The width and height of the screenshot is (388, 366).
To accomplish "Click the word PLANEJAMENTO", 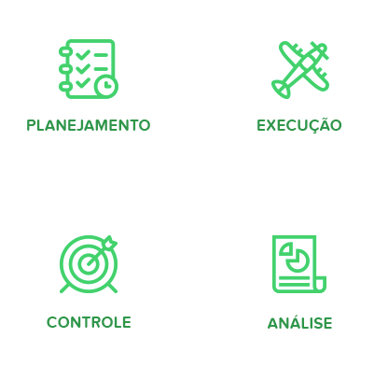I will click(88, 125).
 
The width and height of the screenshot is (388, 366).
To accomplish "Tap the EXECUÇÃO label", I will click(298, 125).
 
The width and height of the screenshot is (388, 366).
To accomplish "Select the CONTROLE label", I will click(89, 322).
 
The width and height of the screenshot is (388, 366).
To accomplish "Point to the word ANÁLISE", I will click(299, 323).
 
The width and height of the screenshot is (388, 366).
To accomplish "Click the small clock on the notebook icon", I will click(106, 85).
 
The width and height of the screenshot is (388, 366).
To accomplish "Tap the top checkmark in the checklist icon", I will click(84, 53).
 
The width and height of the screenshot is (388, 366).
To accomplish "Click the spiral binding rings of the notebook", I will click(64, 67).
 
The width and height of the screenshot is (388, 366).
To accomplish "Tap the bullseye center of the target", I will click(88, 262).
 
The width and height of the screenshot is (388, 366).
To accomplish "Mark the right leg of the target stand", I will click(113, 288).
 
